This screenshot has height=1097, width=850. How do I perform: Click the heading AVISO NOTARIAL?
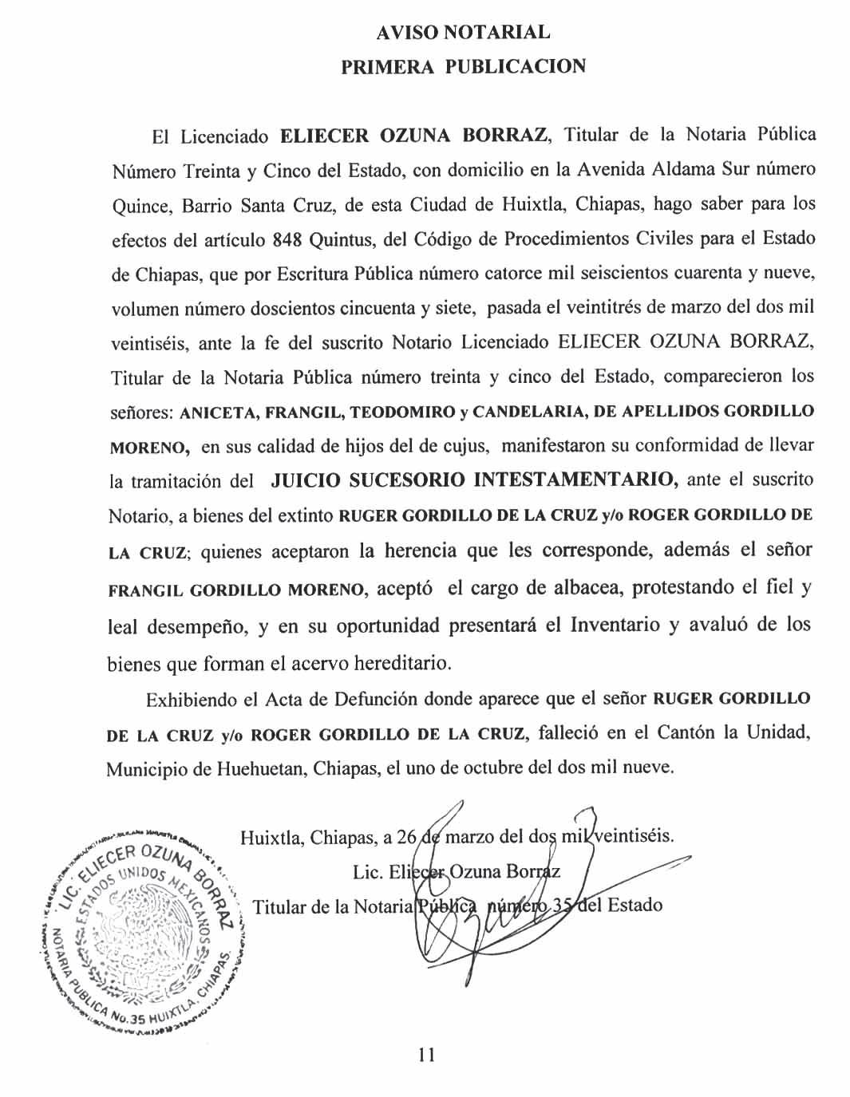(463, 33)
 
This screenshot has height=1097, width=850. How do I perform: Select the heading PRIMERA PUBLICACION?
(463, 66)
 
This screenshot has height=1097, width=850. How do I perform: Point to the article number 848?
(288, 239)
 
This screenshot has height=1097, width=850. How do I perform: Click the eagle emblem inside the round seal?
(144, 929)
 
